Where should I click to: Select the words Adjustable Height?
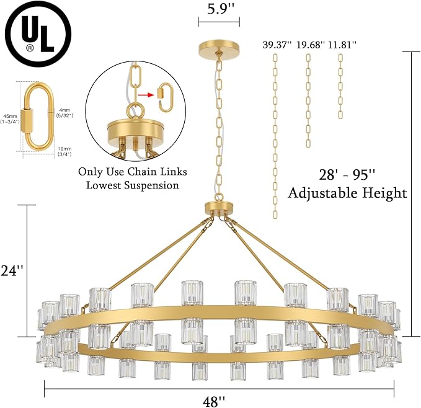click(347, 193)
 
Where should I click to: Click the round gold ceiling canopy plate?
click(218, 47)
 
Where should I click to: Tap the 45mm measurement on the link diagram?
click(10, 118)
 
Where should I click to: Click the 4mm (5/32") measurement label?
click(64, 113)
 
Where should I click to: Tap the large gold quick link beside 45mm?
click(35, 117)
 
